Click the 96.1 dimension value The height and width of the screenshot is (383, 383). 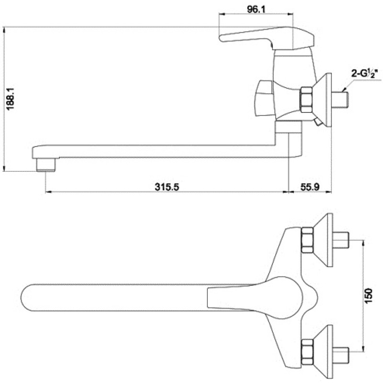click(256, 9)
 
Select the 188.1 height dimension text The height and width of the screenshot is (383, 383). click(11, 100)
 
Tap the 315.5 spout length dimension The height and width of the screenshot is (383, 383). click(167, 187)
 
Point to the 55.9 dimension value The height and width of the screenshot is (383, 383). click(310, 187)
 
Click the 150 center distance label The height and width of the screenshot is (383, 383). click(369, 296)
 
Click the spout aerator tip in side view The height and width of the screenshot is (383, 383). click(46, 164)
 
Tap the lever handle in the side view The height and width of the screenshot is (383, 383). click(267, 37)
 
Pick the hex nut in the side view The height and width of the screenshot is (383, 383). click(306, 100)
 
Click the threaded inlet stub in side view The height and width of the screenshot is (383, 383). click(340, 100)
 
